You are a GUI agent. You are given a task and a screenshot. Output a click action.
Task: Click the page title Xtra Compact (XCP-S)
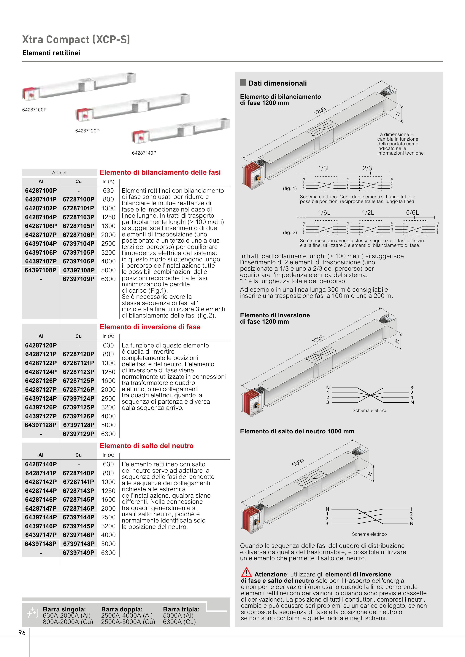coord(76,39)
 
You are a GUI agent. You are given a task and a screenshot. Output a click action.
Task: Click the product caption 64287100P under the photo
coord(34,110)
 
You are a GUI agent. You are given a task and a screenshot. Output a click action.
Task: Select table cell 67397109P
coord(79,279)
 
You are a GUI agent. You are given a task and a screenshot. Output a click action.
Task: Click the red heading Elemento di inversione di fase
coord(150,327)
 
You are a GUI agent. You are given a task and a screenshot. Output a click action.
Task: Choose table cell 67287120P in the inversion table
coord(79,354)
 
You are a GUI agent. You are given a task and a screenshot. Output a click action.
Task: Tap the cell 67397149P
coord(79,553)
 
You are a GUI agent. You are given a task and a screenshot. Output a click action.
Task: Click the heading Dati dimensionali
coord(277,83)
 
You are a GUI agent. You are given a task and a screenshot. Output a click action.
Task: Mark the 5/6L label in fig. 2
coord(412,213)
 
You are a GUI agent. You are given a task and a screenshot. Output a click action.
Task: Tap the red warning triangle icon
coord(246,572)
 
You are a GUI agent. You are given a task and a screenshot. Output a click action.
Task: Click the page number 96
coord(22,633)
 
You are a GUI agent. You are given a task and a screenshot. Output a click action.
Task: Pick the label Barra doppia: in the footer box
coord(122,609)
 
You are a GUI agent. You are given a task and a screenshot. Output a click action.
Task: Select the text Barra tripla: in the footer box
coord(181,609)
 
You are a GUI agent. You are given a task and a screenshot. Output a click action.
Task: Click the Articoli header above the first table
coord(60,173)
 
